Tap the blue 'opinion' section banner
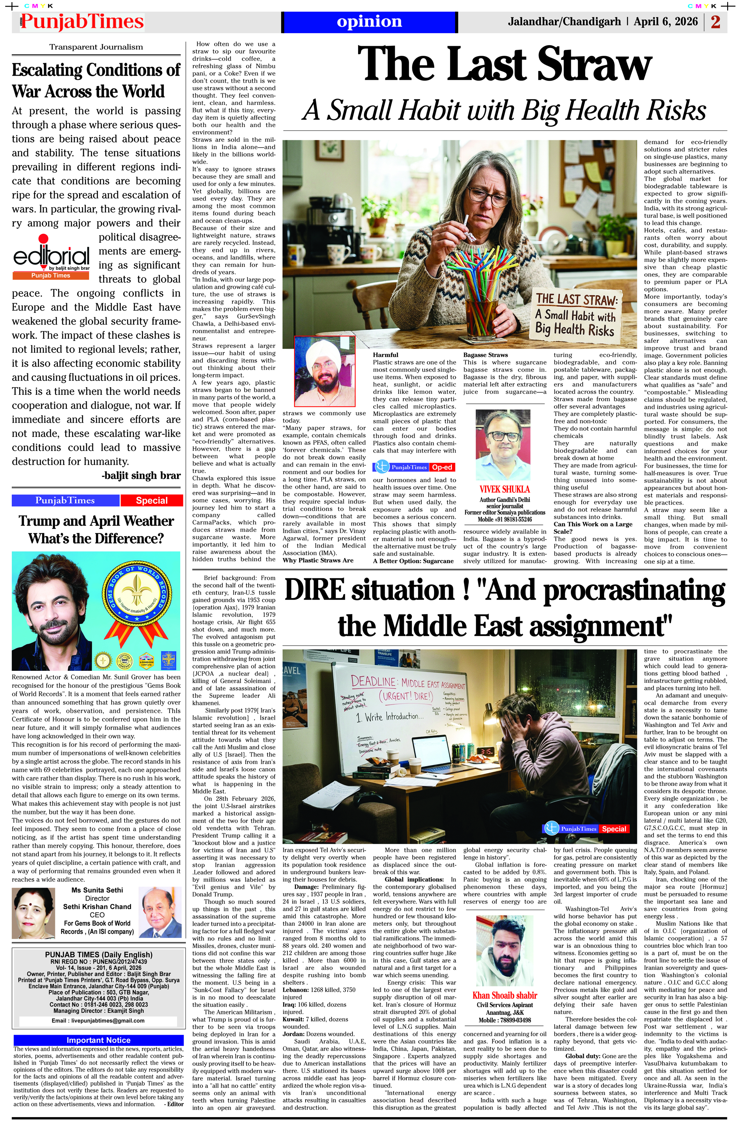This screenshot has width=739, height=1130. (x=369, y=22)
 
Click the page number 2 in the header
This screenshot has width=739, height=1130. (x=715, y=22)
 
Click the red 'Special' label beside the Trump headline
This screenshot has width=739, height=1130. (x=151, y=501)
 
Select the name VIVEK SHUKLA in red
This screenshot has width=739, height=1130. (x=504, y=489)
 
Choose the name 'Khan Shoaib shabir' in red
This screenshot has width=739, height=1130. (x=504, y=995)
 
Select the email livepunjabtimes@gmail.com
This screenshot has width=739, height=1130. (x=98, y=1020)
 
